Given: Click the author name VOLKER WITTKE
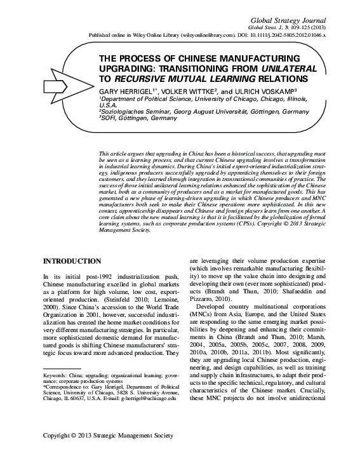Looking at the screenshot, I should coord(185,91).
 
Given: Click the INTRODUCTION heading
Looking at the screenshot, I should coord(71,262).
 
